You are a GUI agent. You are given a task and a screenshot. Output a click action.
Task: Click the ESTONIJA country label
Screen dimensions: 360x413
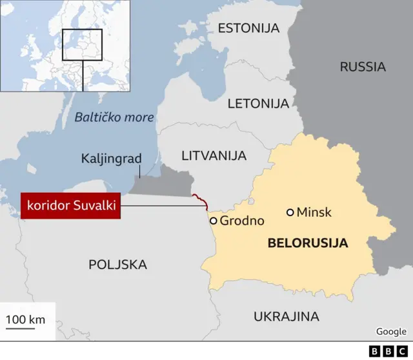(x=248, y=28)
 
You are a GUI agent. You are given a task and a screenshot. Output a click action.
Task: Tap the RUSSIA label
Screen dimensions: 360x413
(x=363, y=66)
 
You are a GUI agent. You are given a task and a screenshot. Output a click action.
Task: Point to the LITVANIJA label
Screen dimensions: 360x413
(x=214, y=155)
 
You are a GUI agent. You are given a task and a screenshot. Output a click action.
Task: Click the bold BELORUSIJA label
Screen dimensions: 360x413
(x=307, y=243)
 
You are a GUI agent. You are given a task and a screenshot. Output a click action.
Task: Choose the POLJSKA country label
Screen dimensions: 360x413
(x=117, y=264)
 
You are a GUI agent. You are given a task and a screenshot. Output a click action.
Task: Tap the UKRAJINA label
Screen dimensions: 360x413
(x=286, y=316)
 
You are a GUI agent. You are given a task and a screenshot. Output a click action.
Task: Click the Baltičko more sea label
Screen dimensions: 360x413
(x=114, y=117)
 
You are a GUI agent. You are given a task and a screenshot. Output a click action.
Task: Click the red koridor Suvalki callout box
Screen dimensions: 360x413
(x=71, y=206)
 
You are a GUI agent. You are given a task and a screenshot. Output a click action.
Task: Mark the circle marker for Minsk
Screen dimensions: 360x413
(x=290, y=212)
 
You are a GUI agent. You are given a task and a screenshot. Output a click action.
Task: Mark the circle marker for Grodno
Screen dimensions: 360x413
(x=213, y=221)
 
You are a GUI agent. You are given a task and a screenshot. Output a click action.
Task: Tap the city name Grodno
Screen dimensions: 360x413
(x=242, y=221)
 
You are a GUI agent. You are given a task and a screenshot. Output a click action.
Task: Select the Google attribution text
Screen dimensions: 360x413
(x=391, y=332)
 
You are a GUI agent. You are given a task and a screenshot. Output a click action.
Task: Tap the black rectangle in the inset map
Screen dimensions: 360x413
(x=82, y=45)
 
